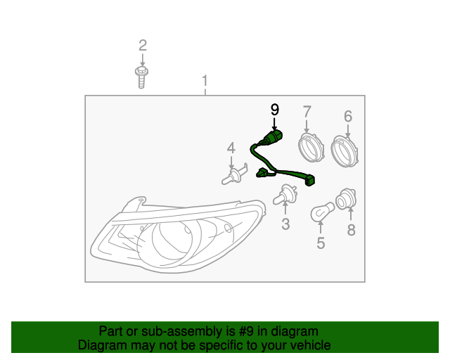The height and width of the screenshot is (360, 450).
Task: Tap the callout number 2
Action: [x=143, y=46]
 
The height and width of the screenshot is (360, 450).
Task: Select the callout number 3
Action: [x=285, y=224]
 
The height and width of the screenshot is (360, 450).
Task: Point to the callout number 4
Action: [x=231, y=148]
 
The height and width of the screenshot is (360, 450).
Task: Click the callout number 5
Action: [x=321, y=243]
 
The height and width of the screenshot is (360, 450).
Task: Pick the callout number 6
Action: [x=348, y=116]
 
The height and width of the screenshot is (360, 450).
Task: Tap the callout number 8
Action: [x=351, y=229]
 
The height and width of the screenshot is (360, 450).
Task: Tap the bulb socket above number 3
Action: [x=285, y=195]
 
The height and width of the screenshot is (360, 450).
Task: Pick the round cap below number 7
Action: [x=308, y=148]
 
